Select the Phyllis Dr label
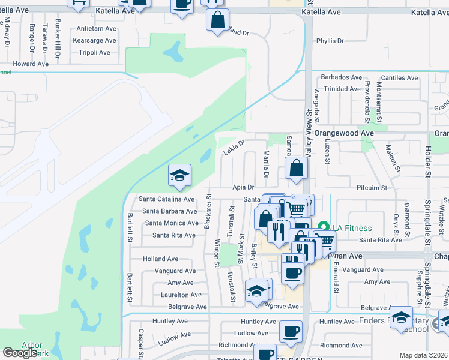point(330,41)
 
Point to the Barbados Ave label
point(341,77)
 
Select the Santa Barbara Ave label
point(169,211)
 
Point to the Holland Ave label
point(160,259)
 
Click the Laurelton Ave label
point(181,295)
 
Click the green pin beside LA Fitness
point(324,227)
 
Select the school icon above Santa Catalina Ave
point(179,175)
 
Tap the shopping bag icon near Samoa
point(297,169)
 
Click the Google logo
point(20,353)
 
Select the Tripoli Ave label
point(94,52)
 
